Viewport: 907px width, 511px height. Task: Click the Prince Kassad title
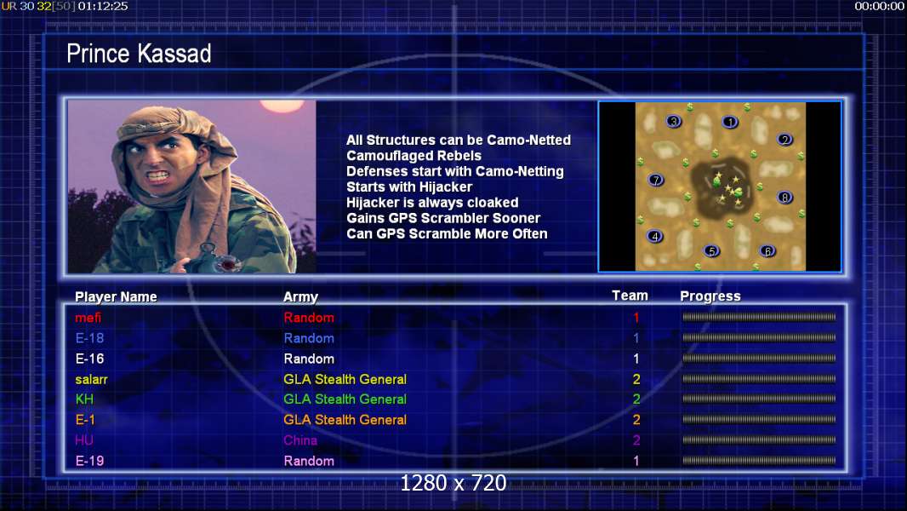139,54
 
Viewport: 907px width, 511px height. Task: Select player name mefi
88,318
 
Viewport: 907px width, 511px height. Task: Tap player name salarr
91,380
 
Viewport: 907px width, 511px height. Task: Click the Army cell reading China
300,440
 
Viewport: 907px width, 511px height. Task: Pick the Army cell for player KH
345,399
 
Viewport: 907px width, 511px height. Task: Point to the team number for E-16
636,359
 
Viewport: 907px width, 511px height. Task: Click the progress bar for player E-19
759,462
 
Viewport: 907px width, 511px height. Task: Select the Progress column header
710,296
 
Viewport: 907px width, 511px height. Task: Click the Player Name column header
116,297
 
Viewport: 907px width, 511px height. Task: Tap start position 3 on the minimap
674,122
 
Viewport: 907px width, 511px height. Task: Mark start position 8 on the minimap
784,198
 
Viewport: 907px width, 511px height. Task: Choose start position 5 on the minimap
712,251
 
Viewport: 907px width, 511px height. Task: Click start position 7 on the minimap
656,180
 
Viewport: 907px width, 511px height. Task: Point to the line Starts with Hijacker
409,187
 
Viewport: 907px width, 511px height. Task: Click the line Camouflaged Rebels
414,156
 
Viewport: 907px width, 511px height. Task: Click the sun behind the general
282,106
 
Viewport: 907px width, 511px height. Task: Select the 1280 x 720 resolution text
453,483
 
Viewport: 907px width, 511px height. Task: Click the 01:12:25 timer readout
103,6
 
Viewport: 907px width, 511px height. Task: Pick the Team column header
630,296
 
